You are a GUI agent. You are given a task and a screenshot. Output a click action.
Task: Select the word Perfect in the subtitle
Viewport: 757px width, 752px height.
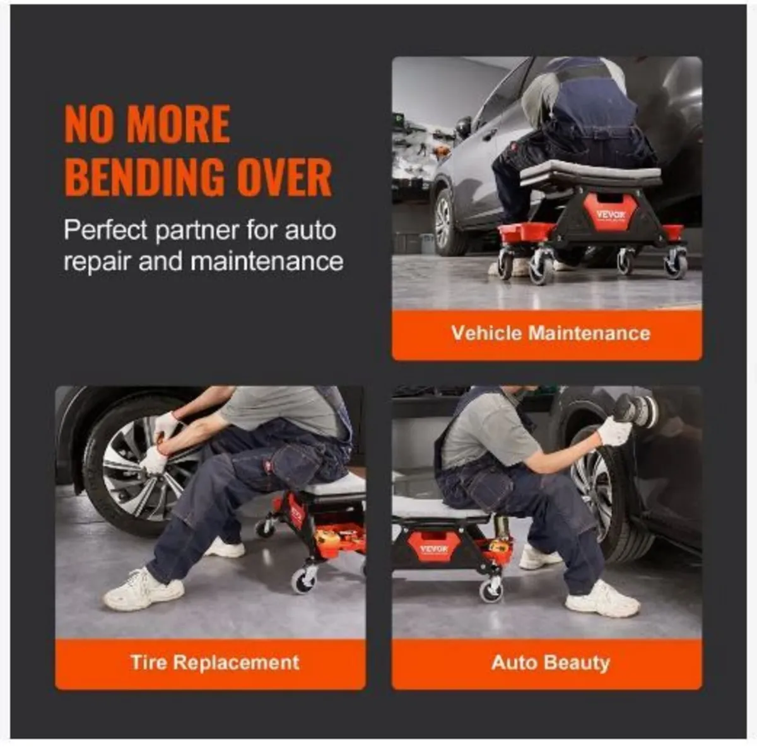point(105,231)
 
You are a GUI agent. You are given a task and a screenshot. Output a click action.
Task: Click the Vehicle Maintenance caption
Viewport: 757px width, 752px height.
point(550,333)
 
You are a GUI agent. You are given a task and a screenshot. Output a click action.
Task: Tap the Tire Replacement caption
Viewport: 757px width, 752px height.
point(214,662)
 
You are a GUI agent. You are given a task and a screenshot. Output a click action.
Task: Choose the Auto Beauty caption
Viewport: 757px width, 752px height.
point(550,662)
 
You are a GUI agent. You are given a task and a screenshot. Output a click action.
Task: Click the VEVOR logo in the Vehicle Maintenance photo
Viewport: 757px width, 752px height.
point(610,214)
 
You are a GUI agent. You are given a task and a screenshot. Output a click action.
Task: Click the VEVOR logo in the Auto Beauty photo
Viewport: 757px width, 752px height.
point(433,548)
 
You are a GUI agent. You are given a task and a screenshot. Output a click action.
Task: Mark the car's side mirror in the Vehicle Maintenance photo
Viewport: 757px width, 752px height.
point(464,127)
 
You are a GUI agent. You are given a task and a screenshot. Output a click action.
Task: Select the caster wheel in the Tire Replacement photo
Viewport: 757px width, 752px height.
point(304,578)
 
